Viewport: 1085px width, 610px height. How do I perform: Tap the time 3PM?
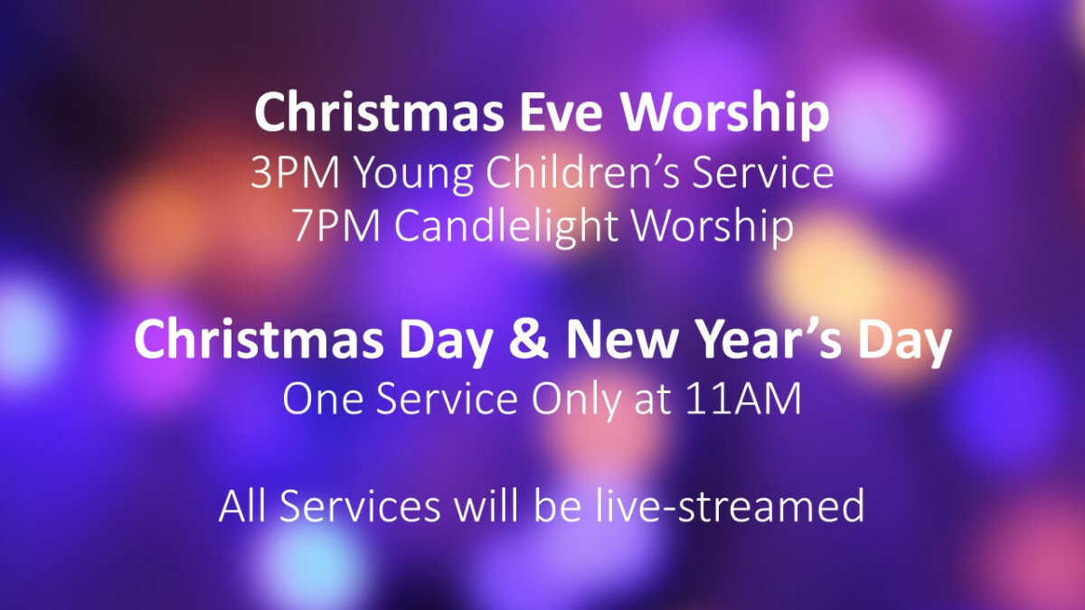[295, 174]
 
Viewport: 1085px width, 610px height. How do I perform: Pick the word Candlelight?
[506, 229]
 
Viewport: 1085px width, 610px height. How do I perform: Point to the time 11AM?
[743, 399]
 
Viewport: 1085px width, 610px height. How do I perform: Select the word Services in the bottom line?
[360, 505]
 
